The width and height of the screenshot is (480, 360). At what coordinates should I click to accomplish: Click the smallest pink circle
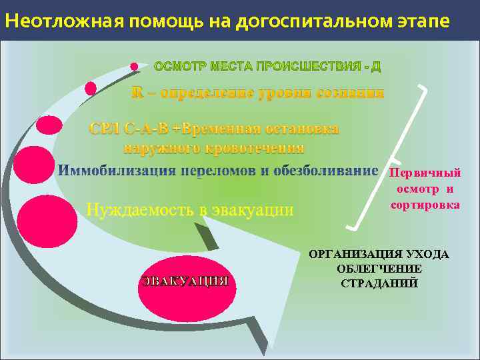click(134, 67)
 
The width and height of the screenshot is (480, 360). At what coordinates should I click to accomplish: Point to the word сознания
click(353, 93)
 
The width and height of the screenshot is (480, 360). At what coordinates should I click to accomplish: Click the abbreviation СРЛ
click(105, 128)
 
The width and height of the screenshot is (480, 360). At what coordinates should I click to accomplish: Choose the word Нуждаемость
click(140, 211)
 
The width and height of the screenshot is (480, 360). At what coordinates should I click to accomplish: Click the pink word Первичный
click(425, 173)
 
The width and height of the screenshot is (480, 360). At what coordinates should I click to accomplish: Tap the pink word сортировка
click(425, 205)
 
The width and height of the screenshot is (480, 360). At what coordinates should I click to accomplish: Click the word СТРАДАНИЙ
click(379, 283)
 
